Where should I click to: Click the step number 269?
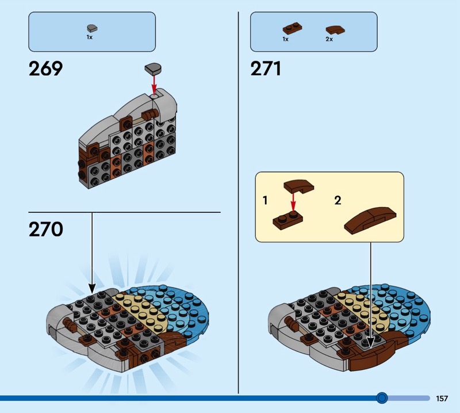tap(45, 69)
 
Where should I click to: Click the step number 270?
tap(45, 230)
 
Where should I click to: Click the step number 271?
tap(266, 69)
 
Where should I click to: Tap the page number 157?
tap(442, 398)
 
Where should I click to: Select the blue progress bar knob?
tap(381, 397)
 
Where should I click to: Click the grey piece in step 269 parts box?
tap(92, 27)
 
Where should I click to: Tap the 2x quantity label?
tap(329, 39)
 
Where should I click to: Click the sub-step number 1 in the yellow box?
tap(265, 201)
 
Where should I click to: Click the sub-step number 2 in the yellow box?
tap(338, 201)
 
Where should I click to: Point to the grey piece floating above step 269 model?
tap(152, 68)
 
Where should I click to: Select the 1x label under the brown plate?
tap(285, 39)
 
